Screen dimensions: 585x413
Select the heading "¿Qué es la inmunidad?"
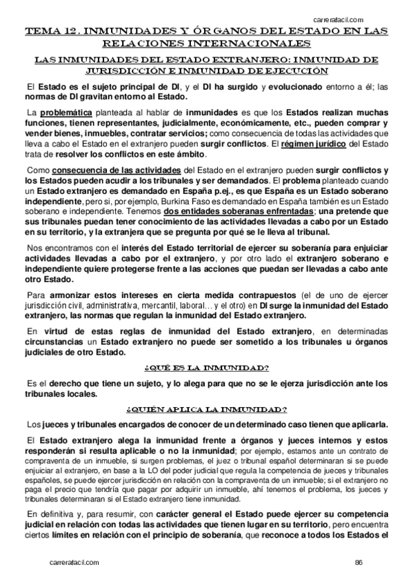point(206,367)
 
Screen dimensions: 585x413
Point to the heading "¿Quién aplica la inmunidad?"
point(206,408)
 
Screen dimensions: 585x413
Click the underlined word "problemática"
point(66,112)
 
